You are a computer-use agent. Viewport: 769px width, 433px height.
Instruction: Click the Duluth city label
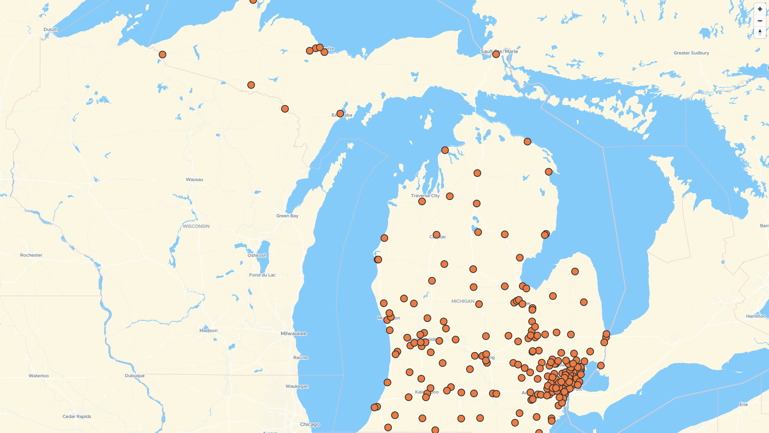coord(51,29)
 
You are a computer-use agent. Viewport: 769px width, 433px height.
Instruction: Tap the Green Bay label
coord(287,216)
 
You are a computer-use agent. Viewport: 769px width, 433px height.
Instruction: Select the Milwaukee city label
coord(293,334)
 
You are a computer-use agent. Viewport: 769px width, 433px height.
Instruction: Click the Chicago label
coord(310,424)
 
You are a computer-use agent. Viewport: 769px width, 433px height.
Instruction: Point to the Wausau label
coord(194,179)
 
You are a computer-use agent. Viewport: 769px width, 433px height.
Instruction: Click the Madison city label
coord(208,330)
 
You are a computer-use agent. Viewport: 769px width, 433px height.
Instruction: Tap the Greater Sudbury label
coord(691,53)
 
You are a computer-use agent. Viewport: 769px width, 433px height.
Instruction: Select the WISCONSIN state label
coord(196,226)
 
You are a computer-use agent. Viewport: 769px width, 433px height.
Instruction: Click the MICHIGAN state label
coord(463,301)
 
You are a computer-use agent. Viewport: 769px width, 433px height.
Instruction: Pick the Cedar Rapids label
coord(76,416)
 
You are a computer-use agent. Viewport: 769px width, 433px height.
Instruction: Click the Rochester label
coord(31,255)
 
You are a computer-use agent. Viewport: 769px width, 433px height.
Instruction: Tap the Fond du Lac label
coord(262,275)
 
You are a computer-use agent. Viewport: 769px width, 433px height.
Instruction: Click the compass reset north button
coord(760,32)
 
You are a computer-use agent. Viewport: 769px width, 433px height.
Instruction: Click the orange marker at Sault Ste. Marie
coord(496,54)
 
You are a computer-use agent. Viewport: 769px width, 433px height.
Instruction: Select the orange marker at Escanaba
coord(340,113)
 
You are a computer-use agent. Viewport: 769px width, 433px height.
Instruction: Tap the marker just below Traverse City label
coord(422,201)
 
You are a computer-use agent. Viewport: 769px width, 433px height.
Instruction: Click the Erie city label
coord(743,404)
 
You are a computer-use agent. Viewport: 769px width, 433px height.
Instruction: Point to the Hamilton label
coord(755,316)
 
